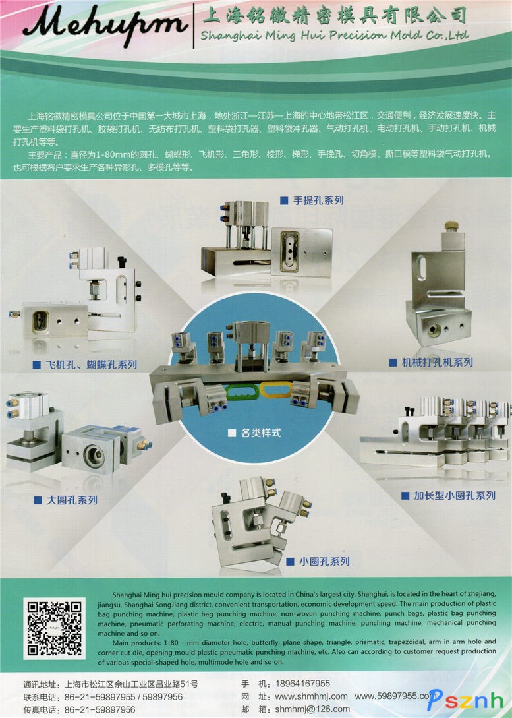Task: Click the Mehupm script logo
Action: tap(105, 24)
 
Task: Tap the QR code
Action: tap(55, 628)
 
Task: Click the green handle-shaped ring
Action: tap(243, 392)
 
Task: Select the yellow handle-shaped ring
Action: tap(276, 390)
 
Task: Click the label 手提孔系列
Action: tap(312, 200)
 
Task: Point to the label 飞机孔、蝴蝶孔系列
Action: tap(85, 365)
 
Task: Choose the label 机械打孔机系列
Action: tap(431, 362)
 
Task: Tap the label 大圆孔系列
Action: tap(66, 500)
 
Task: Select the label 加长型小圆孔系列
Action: tap(448, 495)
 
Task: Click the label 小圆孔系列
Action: tap(318, 561)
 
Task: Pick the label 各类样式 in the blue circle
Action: tap(255, 433)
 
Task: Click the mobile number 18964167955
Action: tap(302, 684)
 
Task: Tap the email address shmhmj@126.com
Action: tap(312, 709)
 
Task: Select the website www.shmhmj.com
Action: tap(311, 696)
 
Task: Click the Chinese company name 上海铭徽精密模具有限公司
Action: tap(334, 15)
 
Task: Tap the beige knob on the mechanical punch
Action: tap(451, 225)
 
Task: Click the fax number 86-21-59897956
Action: tap(100, 709)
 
